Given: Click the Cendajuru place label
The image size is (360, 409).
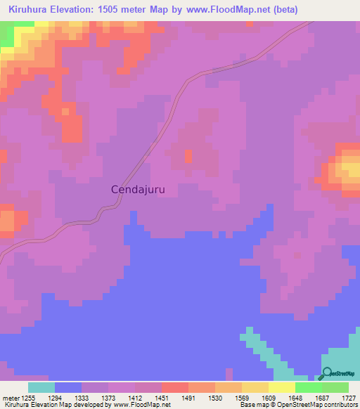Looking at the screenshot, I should pyautogui.click(x=142, y=189).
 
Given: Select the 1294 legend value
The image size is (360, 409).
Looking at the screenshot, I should pyautogui.click(x=54, y=397).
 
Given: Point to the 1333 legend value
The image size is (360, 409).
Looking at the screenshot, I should pyautogui.click(x=81, y=397).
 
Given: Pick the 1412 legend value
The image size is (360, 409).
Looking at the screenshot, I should pyautogui.click(x=135, y=397).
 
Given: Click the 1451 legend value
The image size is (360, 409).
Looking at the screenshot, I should pyautogui.click(x=162, y=397).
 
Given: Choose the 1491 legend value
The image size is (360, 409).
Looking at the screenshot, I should pyautogui.click(x=188, y=397).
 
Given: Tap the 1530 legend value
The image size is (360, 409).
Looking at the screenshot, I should pyautogui.click(x=215, y=397).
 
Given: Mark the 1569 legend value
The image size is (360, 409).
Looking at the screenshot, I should pyautogui.click(x=242, y=397).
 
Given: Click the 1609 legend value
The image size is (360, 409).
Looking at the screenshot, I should pyautogui.click(x=269, y=397).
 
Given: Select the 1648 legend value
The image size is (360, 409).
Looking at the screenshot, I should pyautogui.click(x=295, y=397).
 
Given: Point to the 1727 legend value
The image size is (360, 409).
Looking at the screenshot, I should pyautogui.click(x=349, y=397).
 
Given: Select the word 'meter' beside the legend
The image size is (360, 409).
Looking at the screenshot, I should pyautogui.click(x=10, y=397).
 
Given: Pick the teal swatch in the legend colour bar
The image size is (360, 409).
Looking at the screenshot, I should pyautogui.click(x=41, y=387).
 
